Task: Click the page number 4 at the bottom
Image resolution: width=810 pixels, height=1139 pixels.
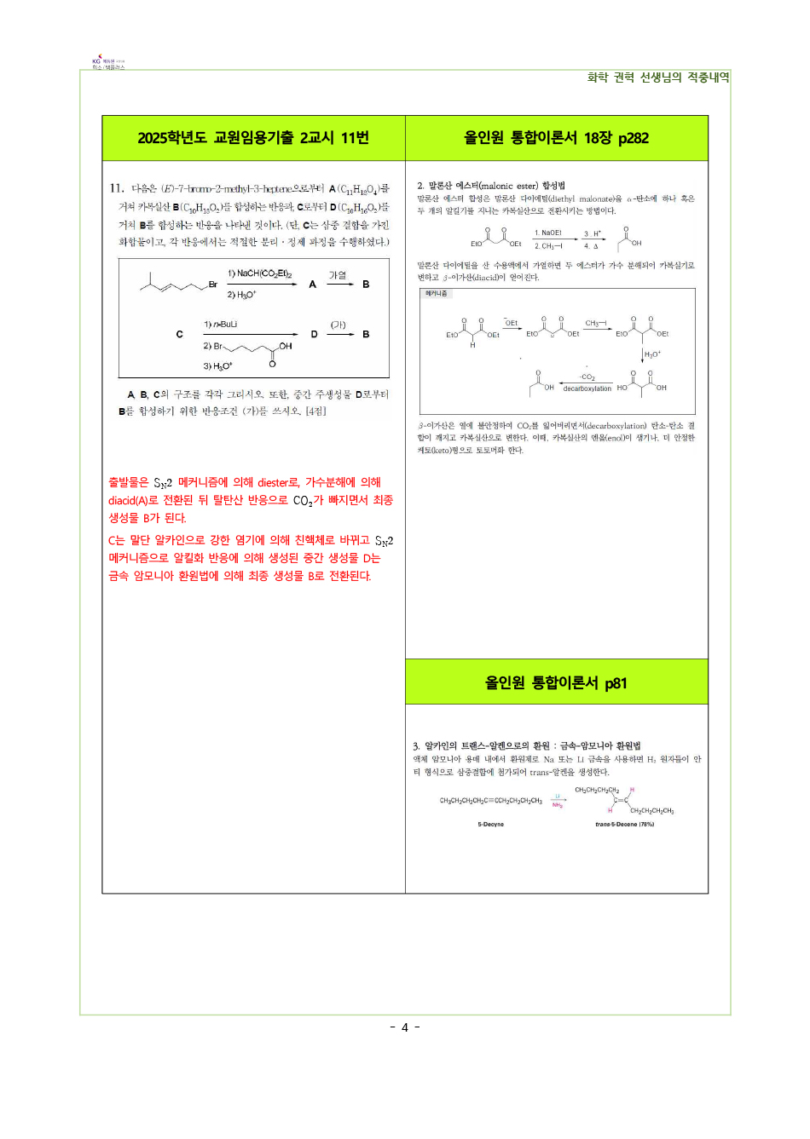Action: click(405, 1027)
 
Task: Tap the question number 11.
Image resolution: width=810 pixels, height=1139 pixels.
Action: click(116, 188)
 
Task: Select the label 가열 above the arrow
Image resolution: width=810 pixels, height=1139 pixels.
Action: click(338, 274)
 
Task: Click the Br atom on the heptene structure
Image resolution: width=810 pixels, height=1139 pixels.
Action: click(212, 285)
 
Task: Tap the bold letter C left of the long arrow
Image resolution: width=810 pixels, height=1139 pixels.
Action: click(179, 335)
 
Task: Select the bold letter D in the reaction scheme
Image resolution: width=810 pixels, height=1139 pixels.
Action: click(314, 335)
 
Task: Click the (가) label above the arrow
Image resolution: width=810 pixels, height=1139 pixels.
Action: click(338, 325)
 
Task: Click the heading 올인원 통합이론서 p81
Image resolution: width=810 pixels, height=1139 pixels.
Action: click(556, 682)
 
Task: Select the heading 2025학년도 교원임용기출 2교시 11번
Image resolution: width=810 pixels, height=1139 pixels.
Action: click(253, 138)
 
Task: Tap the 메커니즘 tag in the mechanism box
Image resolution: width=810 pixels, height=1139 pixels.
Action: click(436, 293)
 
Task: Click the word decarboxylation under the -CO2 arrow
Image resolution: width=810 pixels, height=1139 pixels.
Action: click(587, 388)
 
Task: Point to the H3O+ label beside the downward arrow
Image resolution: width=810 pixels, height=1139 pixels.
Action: click(652, 354)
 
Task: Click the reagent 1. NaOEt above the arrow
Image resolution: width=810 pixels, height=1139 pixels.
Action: click(547, 233)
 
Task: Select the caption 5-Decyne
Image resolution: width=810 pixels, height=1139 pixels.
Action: click(490, 825)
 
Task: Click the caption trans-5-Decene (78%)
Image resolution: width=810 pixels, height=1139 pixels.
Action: click(624, 825)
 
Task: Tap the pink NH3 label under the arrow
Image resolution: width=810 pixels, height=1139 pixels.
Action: click(557, 805)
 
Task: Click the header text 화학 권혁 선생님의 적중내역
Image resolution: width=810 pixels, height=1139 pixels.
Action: click(657, 78)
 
